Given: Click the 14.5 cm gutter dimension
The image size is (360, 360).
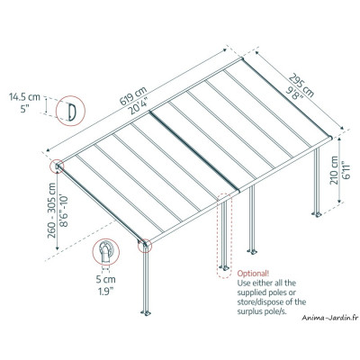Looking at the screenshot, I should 22,94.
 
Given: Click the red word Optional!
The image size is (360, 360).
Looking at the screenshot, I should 253,273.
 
